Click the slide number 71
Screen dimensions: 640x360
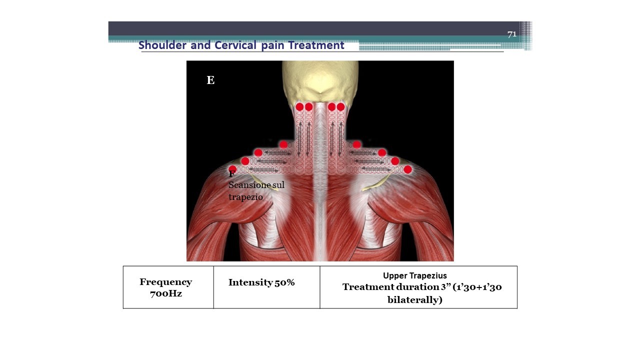[512, 34]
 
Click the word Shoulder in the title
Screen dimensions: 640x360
[162, 45]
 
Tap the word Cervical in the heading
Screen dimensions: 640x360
[235, 45]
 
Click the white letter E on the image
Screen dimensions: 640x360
[210, 80]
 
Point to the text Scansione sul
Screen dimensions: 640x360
[256, 185]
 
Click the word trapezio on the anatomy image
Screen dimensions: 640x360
[245, 197]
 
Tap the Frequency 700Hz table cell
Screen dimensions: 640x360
[168, 287]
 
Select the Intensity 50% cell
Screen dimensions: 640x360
[266, 287]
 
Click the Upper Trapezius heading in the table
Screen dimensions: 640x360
[415, 275]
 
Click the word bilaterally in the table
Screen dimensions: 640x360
[415, 299]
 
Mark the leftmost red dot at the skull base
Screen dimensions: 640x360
[299, 107]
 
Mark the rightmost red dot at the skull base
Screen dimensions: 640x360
[340, 107]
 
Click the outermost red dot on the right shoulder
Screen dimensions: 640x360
[407, 169]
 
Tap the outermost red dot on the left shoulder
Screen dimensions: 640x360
[233, 169]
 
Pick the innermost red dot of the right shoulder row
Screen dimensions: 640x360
[356, 144]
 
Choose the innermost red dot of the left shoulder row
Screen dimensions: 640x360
[283, 144]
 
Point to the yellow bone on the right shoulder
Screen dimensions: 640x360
[375, 183]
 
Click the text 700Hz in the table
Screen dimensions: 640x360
[166, 293]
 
